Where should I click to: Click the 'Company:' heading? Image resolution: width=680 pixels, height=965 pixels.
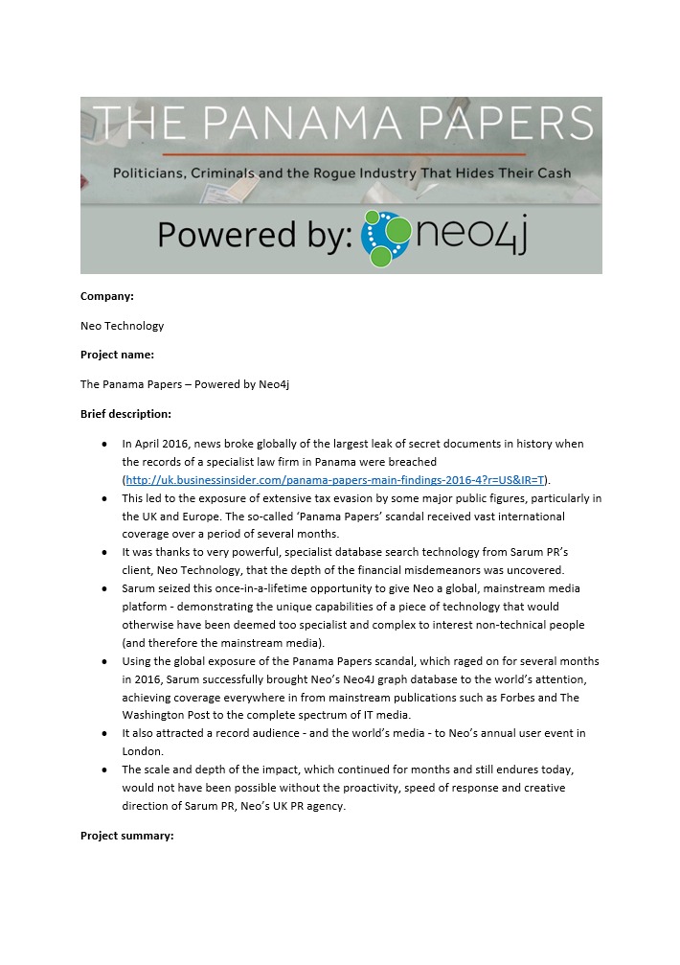pyautogui.click(x=107, y=296)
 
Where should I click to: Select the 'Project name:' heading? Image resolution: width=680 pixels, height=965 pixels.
pyautogui.click(x=117, y=355)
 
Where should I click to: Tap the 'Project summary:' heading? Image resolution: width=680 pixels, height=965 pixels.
pyautogui.click(x=126, y=836)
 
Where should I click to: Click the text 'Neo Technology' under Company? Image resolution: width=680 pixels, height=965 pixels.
pyautogui.click(x=122, y=326)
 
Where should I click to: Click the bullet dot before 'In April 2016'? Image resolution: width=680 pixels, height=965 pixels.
pyautogui.click(x=104, y=445)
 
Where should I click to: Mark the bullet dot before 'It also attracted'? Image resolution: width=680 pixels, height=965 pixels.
pyautogui.click(x=104, y=733)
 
